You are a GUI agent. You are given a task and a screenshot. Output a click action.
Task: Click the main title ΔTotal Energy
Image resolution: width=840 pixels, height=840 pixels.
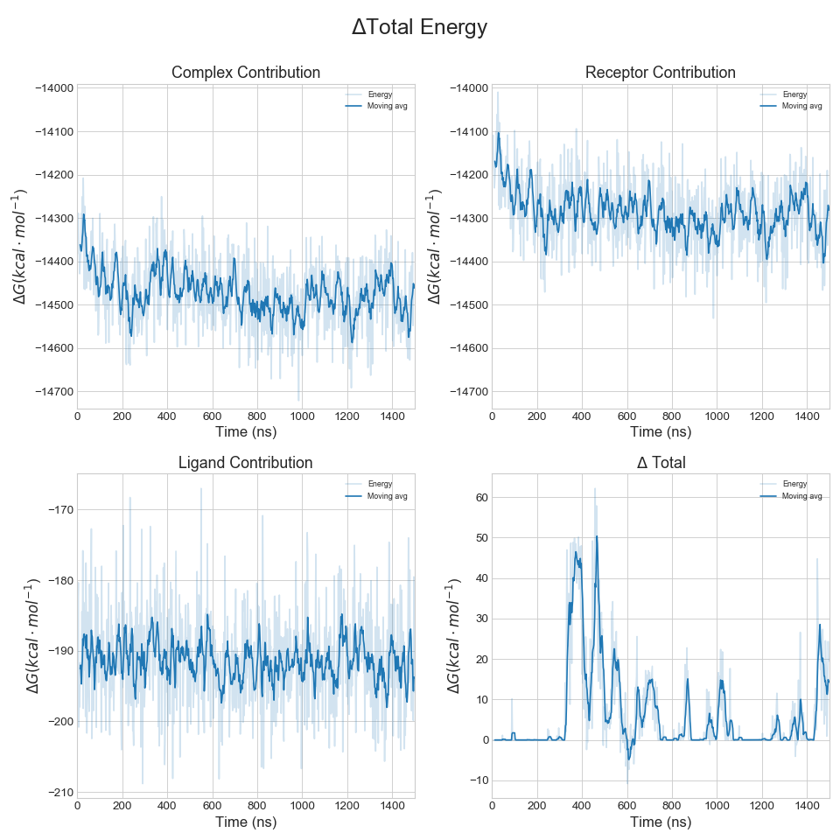pyautogui.click(x=419, y=28)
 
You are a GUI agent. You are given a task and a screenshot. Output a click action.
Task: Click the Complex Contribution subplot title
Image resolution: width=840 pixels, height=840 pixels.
pyautogui.click(x=246, y=73)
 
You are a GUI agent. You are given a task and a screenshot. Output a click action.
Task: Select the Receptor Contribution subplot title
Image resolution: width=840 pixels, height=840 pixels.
pyautogui.click(x=661, y=73)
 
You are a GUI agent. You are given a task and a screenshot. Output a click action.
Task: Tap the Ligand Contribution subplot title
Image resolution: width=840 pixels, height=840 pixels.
pyautogui.click(x=246, y=463)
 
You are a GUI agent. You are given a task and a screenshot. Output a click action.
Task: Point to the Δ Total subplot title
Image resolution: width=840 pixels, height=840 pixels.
pyautogui.click(x=661, y=463)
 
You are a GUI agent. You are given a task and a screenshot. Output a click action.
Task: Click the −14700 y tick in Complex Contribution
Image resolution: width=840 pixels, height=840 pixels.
pyautogui.click(x=53, y=392)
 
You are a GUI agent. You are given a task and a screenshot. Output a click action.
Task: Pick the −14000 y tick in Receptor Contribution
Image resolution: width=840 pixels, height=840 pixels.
pyautogui.click(x=468, y=88)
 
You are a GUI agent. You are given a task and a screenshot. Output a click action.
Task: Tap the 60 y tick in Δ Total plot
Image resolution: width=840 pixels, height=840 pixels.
pyautogui.click(x=480, y=497)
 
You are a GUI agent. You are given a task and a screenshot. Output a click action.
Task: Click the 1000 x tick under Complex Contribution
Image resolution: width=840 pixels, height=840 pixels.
pyautogui.click(x=302, y=416)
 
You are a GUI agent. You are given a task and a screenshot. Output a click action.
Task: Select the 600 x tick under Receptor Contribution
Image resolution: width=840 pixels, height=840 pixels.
pyautogui.click(x=626, y=416)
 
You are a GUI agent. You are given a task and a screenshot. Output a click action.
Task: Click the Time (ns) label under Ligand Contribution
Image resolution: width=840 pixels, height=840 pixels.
pyautogui.click(x=246, y=822)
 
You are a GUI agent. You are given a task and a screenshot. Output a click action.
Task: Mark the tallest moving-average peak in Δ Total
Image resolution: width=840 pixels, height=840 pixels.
pyautogui.click(x=597, y=536)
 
